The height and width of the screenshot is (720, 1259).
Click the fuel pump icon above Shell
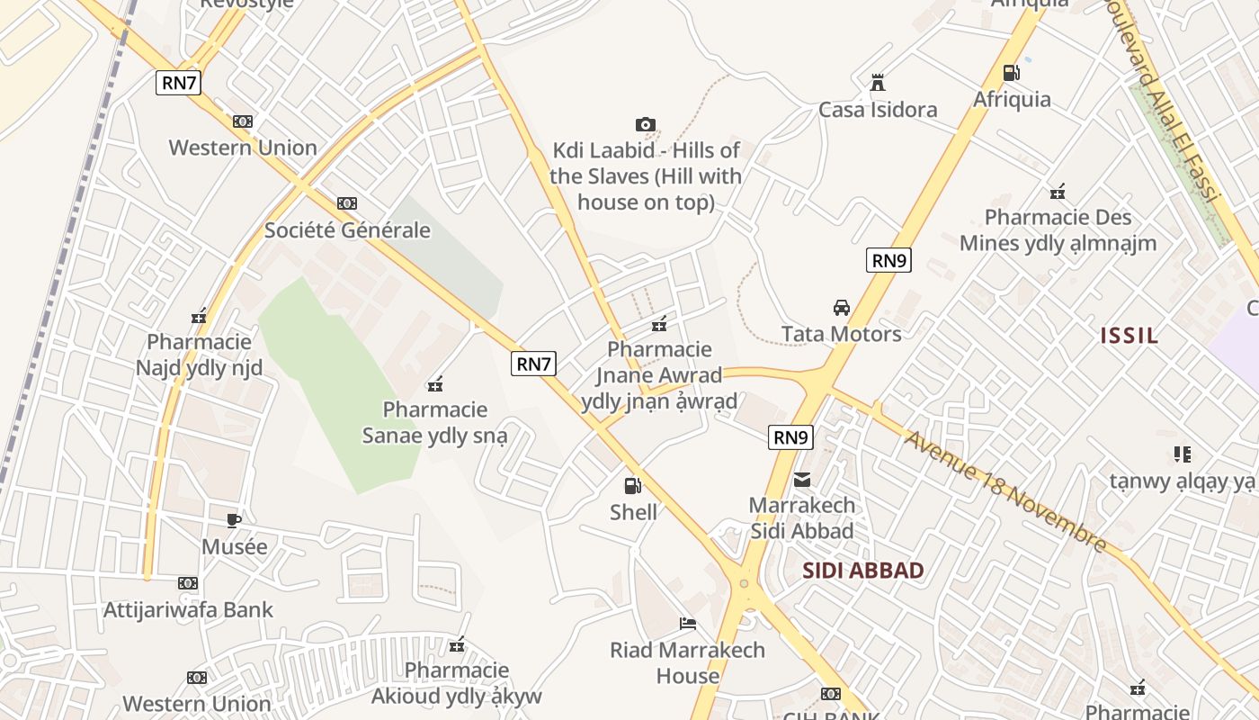(633, 486)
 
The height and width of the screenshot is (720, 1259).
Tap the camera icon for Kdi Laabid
(645, 124)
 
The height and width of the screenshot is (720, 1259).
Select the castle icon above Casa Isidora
(878, 83)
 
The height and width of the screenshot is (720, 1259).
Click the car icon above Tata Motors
(842, 308)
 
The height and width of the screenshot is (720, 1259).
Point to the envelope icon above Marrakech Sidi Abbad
(802, 479)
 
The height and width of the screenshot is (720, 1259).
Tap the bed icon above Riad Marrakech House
(688, 624)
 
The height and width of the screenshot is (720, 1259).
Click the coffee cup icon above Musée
(234, 520)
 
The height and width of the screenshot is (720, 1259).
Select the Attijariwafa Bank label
(188, 609)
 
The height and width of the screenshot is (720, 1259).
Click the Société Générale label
(347, 229)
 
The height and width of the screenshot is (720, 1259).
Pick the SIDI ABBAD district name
(862, 570)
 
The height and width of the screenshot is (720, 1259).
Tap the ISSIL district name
(1130, 336)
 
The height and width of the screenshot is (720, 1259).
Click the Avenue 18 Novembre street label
(1005, 490)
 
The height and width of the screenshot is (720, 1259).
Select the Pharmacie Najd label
(199, 355)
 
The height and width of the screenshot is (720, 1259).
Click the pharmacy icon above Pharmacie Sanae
(436, 384)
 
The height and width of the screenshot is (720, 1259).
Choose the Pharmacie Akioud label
(457, 683)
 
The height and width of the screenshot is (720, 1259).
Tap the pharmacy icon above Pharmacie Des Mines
(1058, 192)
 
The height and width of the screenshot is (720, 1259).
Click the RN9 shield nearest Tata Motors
(889, 261)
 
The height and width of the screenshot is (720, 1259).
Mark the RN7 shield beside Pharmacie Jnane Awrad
(534, 364)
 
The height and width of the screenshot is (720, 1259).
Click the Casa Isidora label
(878, 110)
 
